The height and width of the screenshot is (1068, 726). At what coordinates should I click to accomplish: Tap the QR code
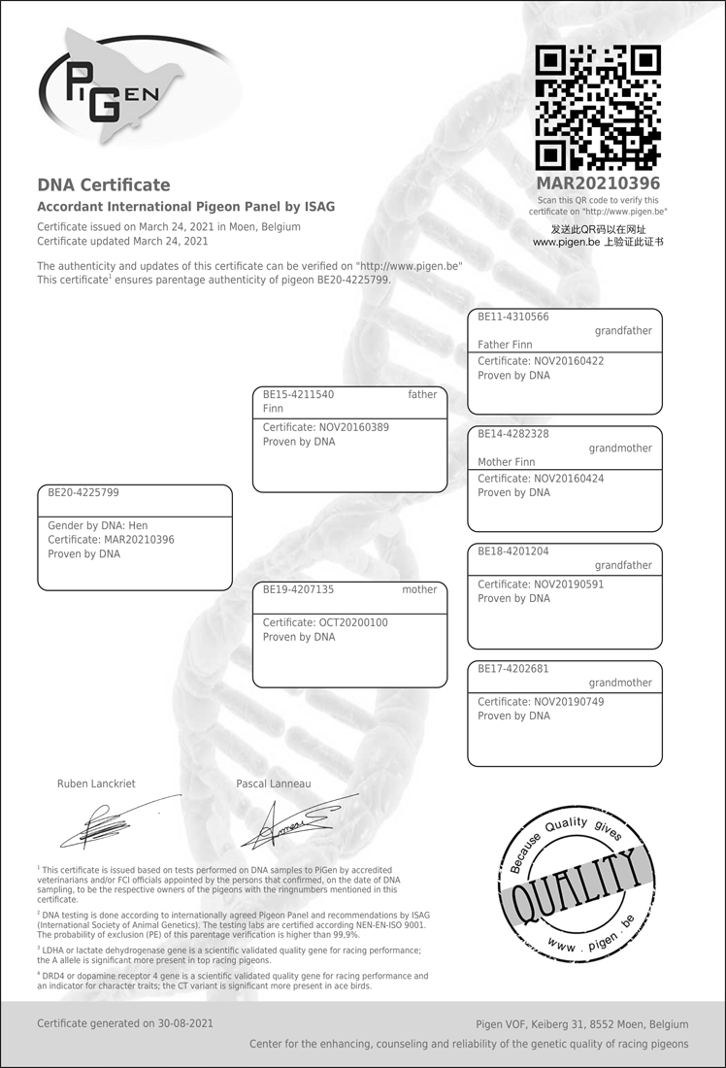(598, 108)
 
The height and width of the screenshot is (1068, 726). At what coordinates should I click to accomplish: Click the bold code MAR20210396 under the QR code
(598, 184)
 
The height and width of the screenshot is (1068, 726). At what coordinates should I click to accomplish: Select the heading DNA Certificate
(103, 185)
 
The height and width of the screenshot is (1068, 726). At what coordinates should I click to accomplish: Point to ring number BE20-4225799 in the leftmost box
(83, 493)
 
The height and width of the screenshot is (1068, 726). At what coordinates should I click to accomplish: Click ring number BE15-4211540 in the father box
(299, 395)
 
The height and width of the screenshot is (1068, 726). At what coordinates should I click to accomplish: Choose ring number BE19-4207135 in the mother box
(299, 589)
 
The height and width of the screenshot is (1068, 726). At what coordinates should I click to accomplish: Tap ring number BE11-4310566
(513, 317)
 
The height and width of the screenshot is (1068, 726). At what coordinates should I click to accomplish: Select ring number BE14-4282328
(513, 434)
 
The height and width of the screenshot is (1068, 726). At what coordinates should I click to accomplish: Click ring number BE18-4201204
(513, 551)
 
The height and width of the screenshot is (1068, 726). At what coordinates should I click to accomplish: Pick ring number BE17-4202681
(513, 669)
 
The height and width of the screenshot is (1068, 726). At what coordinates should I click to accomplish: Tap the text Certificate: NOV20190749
(541, 701)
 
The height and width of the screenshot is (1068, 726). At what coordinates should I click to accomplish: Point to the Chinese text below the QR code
(598, 236)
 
